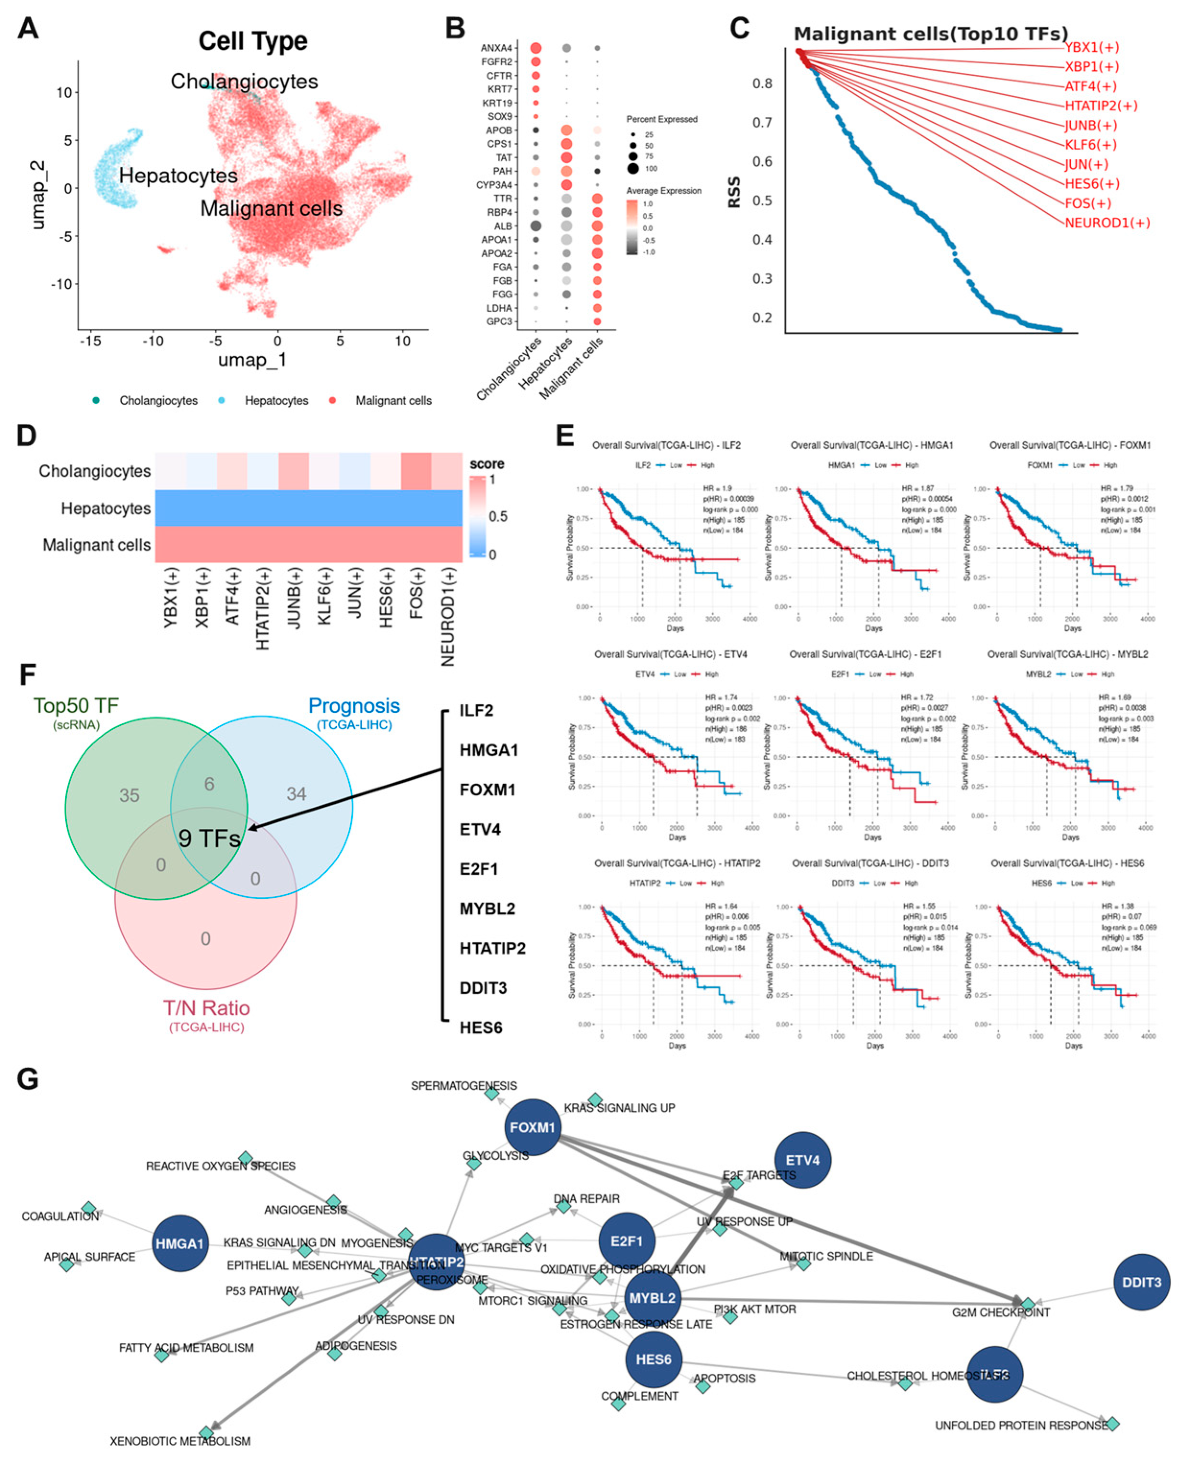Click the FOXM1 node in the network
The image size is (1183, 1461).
point(532,1127)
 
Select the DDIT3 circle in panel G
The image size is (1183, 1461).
point(1141,1282)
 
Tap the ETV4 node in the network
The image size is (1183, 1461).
point(802,1160)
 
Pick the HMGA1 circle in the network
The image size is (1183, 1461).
point(180,1244)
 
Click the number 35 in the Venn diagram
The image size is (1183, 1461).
point(130,795)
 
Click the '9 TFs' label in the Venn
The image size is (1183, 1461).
point(209,838)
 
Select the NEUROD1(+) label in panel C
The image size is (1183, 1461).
point(1107,223)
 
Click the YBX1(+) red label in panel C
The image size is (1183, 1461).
point(1092,47)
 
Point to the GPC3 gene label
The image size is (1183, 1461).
point(499,322)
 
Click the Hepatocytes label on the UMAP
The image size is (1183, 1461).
point(178,176)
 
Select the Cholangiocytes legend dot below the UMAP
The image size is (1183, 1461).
point(96,401)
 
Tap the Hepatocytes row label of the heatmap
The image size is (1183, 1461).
point(106,508)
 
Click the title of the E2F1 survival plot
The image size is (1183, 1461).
point(865,654)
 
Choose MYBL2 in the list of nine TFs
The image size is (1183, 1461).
point(487,908)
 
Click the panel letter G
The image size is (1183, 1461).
point(27,1079)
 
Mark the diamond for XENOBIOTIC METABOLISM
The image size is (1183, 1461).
point(206,1433)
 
